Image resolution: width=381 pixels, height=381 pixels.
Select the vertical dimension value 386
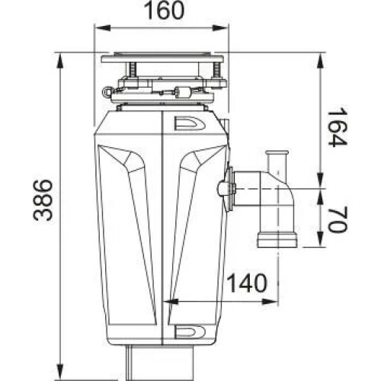click(43, 200)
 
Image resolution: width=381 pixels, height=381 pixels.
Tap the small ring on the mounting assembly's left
click(106, 88)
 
